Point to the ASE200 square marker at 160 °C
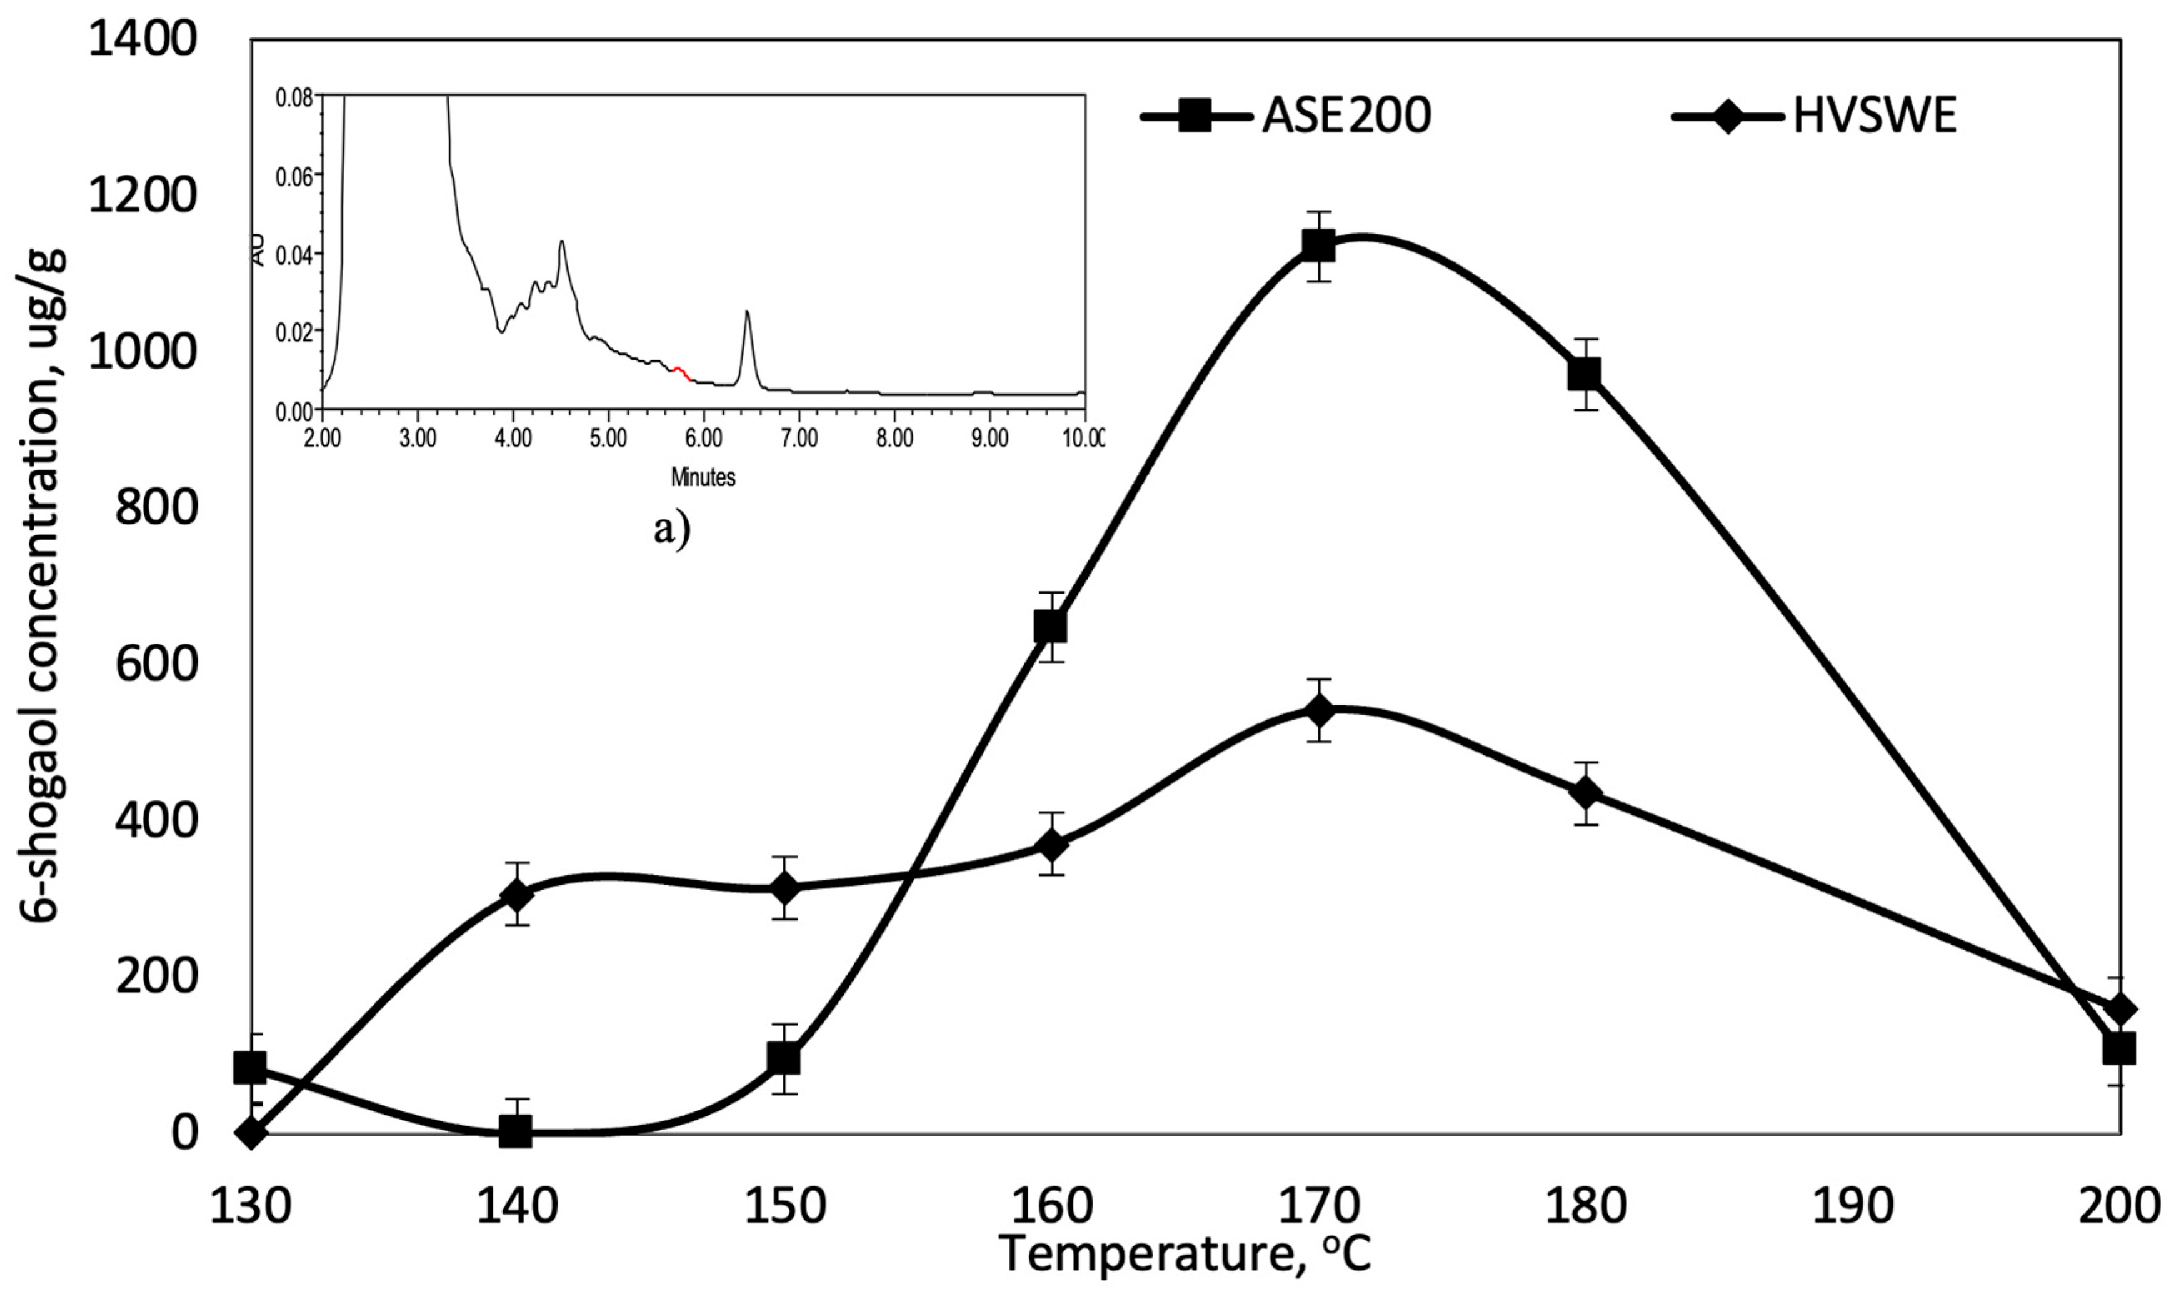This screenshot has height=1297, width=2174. [x=1050, y=627]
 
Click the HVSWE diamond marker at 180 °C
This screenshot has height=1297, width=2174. [x=1585, y=793]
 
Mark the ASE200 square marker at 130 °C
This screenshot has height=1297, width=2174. [x=250, y=1067]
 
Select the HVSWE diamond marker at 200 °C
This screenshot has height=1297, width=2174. [x=2119, y=1010]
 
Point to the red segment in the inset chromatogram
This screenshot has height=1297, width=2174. [x=682, y=373]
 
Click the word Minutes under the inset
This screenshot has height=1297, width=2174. [x=703, y=477]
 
